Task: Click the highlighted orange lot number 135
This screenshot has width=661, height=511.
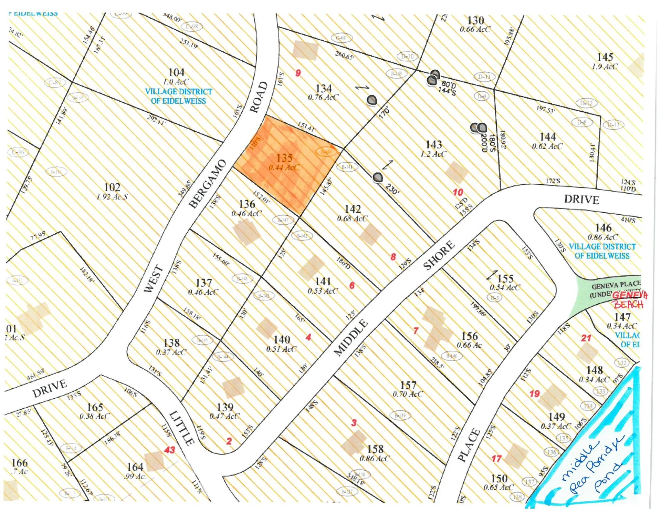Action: [284, 158]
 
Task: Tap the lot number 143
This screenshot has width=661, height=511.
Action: [433, 144]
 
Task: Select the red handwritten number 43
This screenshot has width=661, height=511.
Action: [169, 450]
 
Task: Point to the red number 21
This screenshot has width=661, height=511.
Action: [586, 338]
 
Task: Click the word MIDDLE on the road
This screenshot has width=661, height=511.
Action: [351, 337]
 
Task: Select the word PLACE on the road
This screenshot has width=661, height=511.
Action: [469, 444]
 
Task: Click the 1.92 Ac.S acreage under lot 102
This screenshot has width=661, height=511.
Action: [112, 197]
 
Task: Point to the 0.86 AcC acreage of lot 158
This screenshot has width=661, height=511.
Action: [375, 459]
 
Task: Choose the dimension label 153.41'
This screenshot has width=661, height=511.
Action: [306, 127]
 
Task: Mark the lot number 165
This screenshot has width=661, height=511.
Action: [95, 407]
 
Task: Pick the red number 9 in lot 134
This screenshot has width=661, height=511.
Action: [298, 73]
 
